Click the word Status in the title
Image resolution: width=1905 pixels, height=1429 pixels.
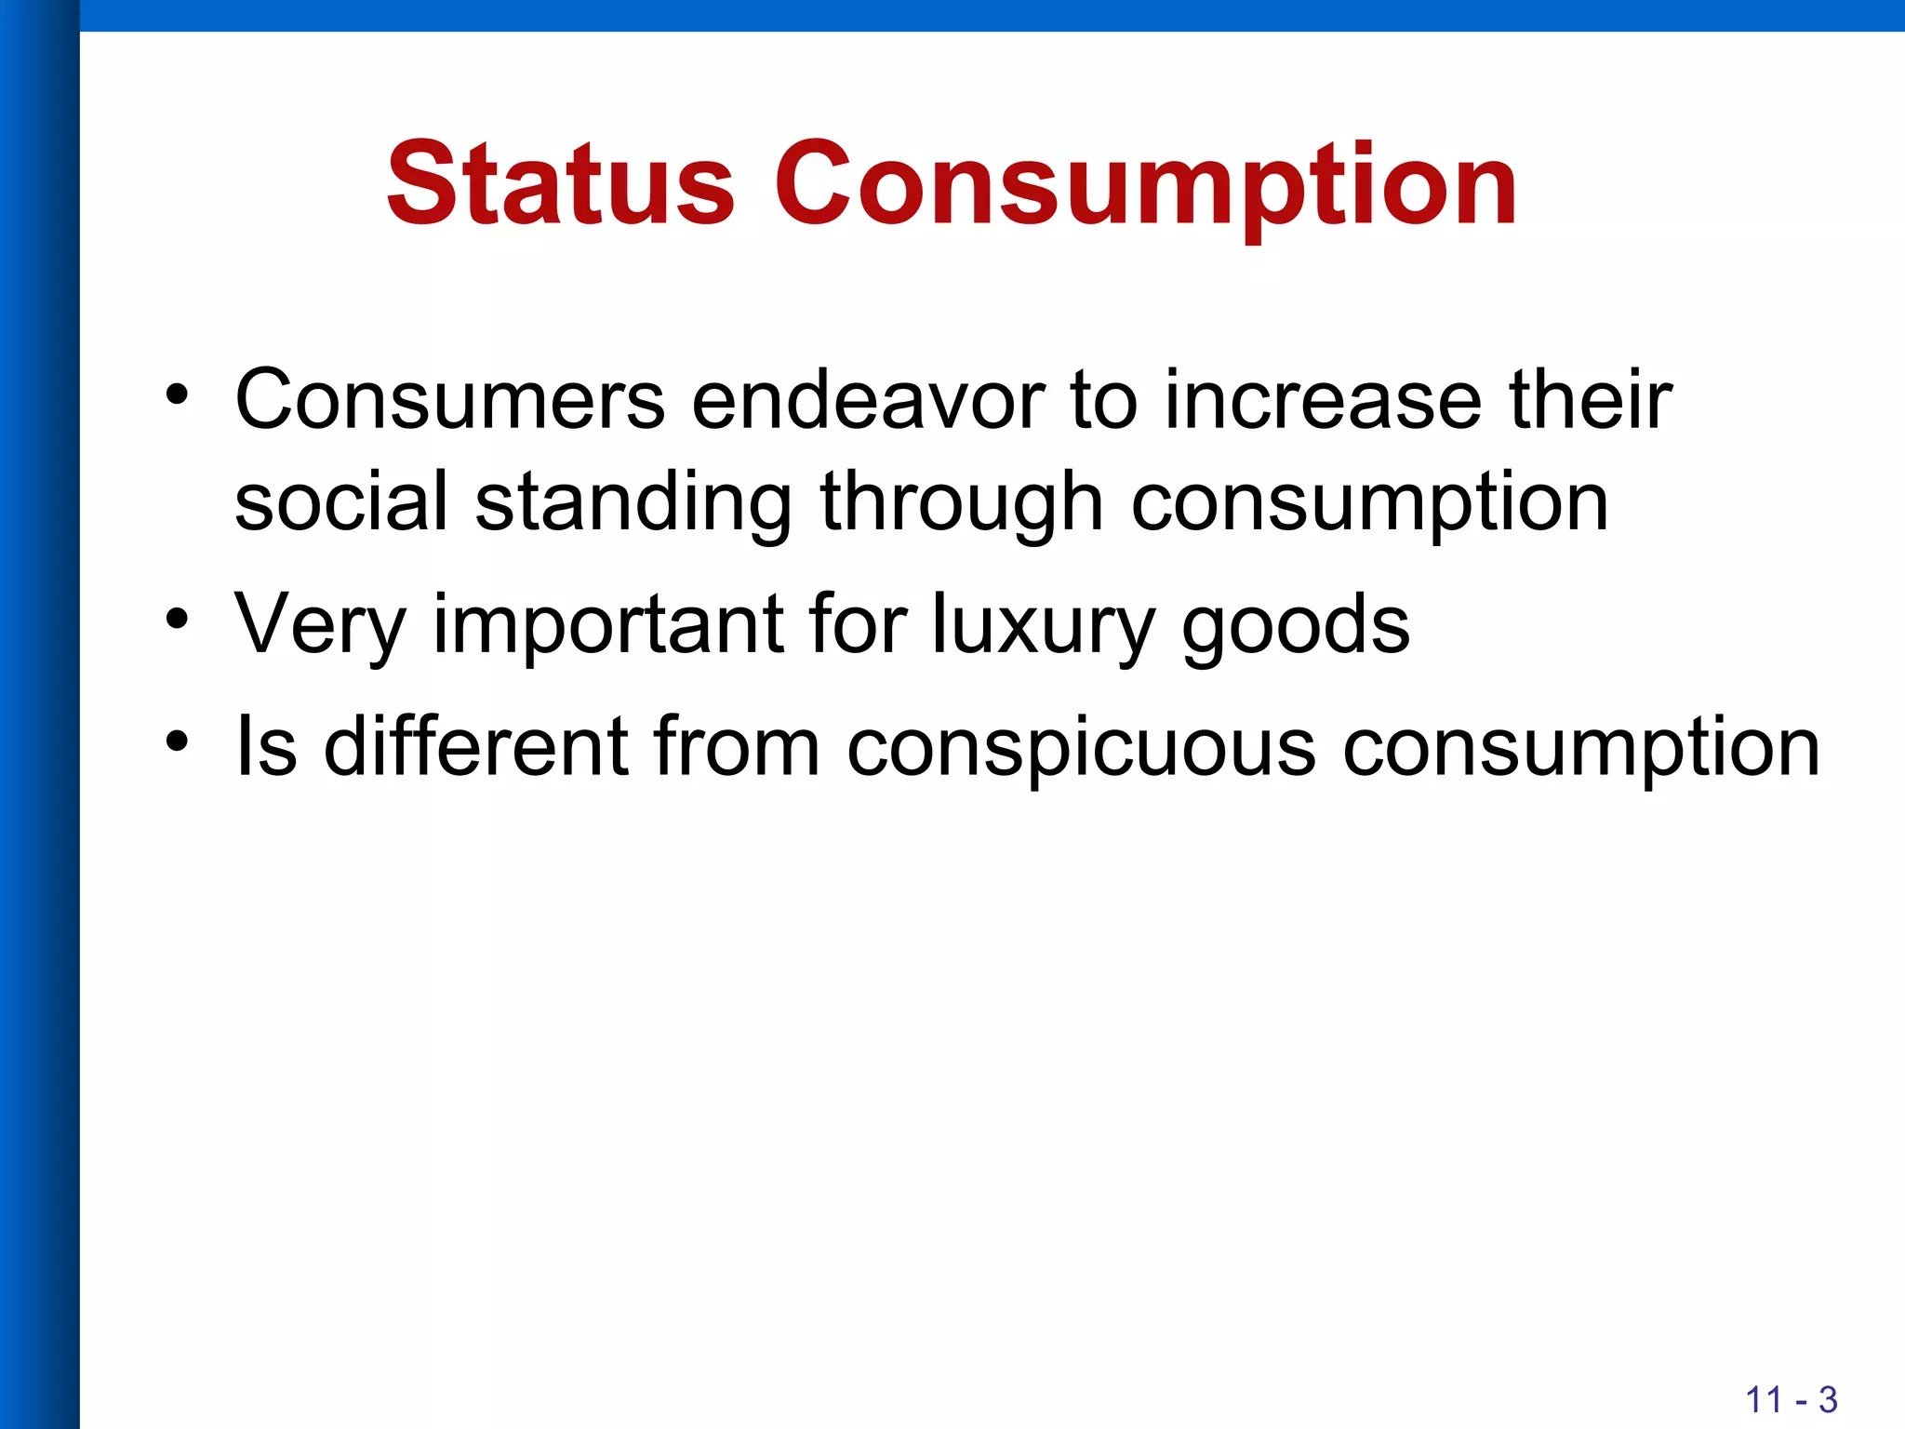(x=561, y=183)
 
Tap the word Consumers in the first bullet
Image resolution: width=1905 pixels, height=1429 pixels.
(x=450, y=400)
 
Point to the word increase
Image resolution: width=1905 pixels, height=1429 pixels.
(x=1323, y=400)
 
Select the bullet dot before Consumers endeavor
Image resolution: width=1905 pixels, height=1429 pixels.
(x=177, y=394)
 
